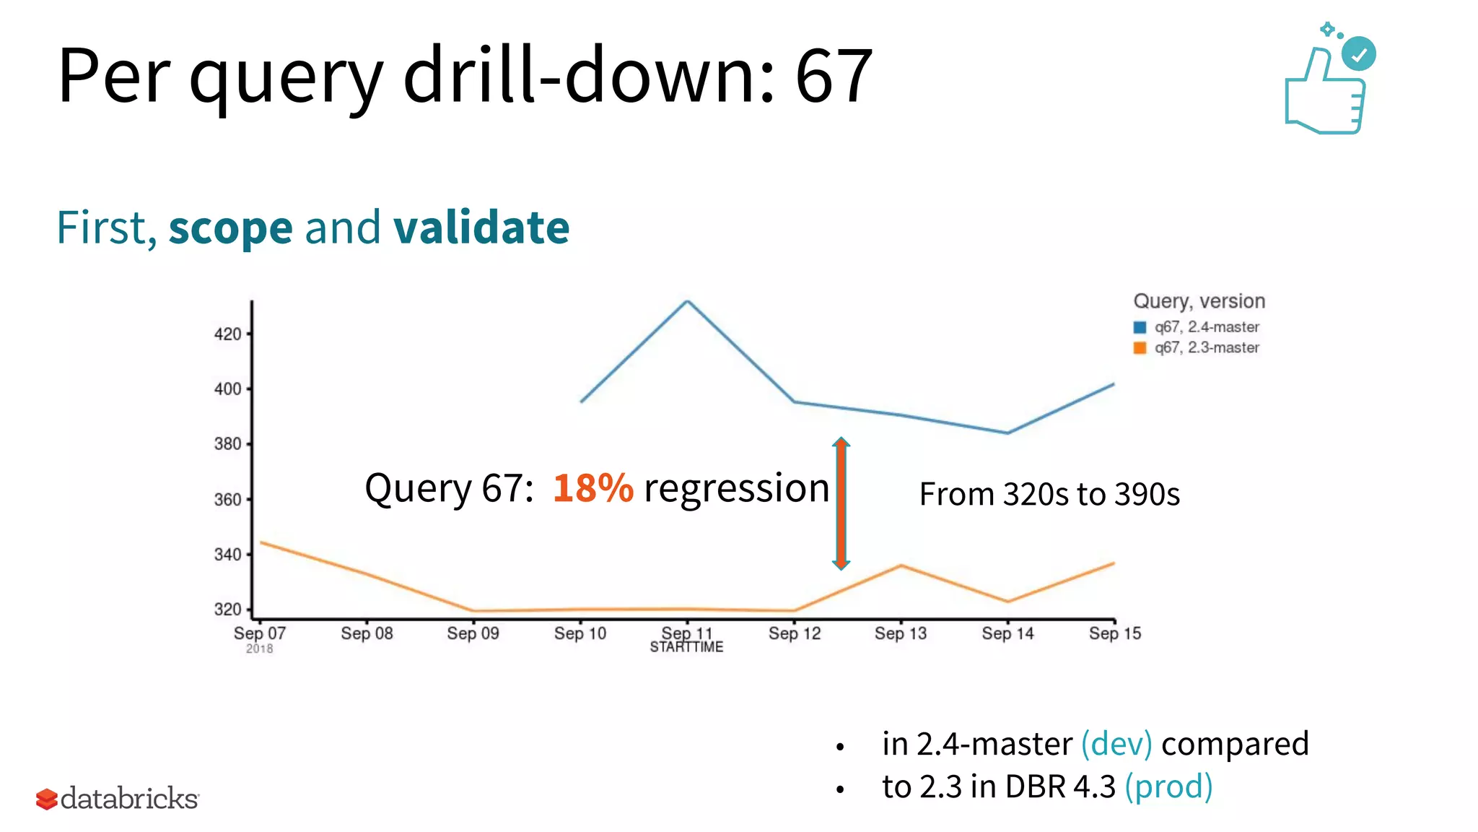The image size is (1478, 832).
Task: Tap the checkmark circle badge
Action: pyautogui.click(x=1359, y=54)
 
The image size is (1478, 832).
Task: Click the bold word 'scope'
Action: pyautogui.click(x=230, y=228)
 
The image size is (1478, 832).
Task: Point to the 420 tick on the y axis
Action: pyautogui.click(x=228, y=334)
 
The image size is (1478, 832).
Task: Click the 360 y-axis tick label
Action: pyautogui.click(x=228, y=500)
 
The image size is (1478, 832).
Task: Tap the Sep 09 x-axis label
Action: pyautogui.click(x=473, y=633)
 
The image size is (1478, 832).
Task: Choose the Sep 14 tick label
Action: pyautogui.click(x=1007, y=633)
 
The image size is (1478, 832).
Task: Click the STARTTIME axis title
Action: pyautogui.click(x=686, y=647)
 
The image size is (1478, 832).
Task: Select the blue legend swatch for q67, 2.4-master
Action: pyautogui.click(x=1140, y=327)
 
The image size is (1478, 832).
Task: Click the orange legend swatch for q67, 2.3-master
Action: pyautogui.click(x=1140, y=348)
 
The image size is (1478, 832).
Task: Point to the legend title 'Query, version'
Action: pyautogui.click(x=1199, y=301)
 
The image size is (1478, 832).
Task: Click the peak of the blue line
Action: pyautogui.click(x=687, y=301)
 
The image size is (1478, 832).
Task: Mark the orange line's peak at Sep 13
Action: pyautogui.click(x=901, y=565)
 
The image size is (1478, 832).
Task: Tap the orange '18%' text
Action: pyautogui.click(x=592, y=488)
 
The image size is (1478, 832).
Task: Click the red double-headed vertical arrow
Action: pyautogui.click(x=841, y=503)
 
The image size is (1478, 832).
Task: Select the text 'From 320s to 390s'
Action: pyautogui.click(x=1049, y=495)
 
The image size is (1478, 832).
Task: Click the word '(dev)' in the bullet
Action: pyautogui.click(x=1116, y=744)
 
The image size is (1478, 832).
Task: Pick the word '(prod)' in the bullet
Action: pyautogui.click(x=1168, y=786)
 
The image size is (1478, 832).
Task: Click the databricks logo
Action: pyautogui.click(x=118, y=799)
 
